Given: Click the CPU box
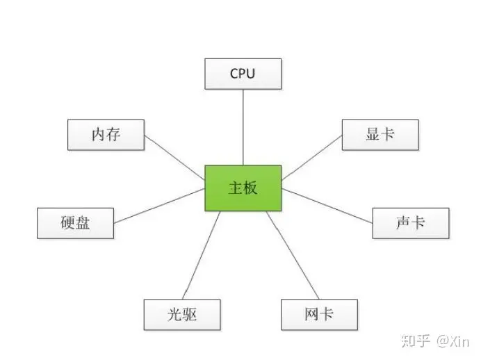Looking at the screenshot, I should [x=243, y=74].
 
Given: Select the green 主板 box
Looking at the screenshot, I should [x=243, y=188].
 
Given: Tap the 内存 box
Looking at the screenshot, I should [x=106, y=134].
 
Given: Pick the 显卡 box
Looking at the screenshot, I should [x=380, y=134].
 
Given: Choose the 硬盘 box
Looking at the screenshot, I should [x=75, y=223].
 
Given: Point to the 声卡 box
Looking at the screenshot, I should [x=411, y=223].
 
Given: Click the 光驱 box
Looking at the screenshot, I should [x=182, y=314].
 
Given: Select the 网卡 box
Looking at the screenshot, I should [x=319, y=314].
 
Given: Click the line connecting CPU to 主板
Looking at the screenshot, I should [x=243, y=127].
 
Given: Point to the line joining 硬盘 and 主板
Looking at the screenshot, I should [x=160, y=205].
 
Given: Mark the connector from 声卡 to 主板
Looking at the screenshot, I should [x=327, y=206].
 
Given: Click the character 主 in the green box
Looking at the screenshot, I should [x=235, y=188].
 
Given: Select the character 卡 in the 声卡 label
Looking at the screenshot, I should [x=418, y=223].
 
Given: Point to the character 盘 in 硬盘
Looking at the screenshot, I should [x=83, y=223].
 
